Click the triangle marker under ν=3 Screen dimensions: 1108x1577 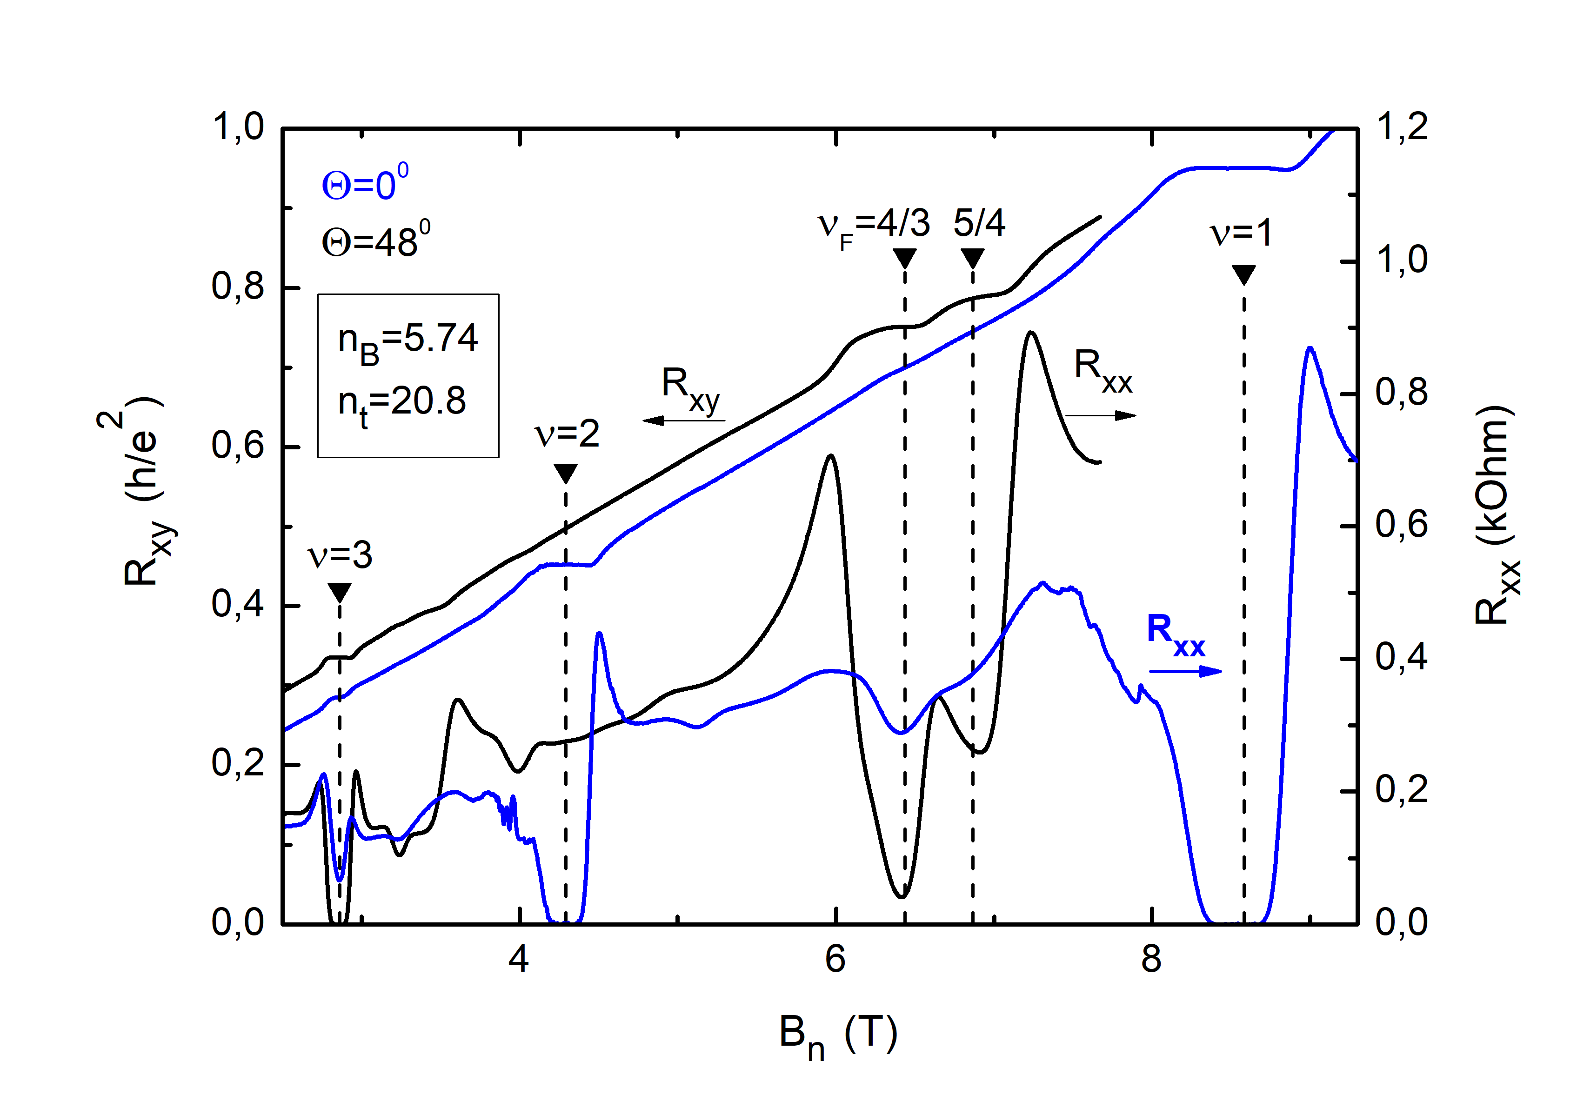coord(339,591)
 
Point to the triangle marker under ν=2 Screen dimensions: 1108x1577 coord(565,473)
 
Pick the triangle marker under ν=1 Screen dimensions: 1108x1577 coord(1243,274)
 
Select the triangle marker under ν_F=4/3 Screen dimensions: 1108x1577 coord(905,258)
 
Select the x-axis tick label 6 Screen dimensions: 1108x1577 coord(835,959)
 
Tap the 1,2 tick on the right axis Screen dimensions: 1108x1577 coord(1401,127)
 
